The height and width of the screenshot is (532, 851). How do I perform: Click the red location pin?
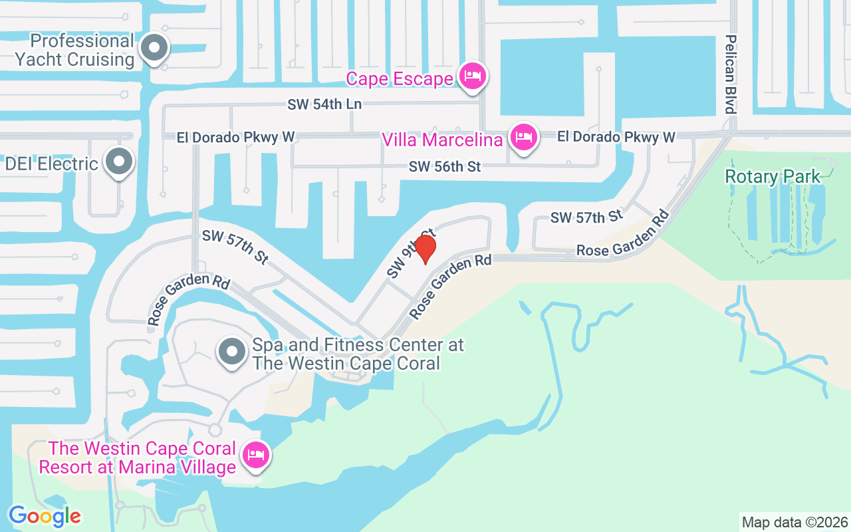pos(425,249)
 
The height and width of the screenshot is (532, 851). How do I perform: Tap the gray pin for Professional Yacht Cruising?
pos(155,49)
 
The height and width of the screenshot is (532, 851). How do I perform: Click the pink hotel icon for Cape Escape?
pos(472,76)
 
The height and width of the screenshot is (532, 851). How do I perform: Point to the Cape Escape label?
pos(400,80)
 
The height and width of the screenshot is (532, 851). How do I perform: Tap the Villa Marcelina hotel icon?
pos(523,138)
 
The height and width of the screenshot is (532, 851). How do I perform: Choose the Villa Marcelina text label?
pos(441,140)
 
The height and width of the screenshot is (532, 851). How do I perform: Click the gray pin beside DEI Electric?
pos(120,162)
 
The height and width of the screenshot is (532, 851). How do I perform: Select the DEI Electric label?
pos(52,164)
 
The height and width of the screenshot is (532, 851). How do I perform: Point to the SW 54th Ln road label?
pos(324,104)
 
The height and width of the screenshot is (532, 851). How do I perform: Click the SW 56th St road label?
pos(445,167)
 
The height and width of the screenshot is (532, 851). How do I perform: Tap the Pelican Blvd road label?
pos(731,74)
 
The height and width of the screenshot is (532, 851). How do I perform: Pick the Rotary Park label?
pos(773,176)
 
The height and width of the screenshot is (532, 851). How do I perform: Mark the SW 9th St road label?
pos(411,253)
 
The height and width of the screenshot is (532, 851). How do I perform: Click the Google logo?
pos(45,515)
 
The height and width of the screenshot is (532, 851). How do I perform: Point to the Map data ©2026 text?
pos(794,522)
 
